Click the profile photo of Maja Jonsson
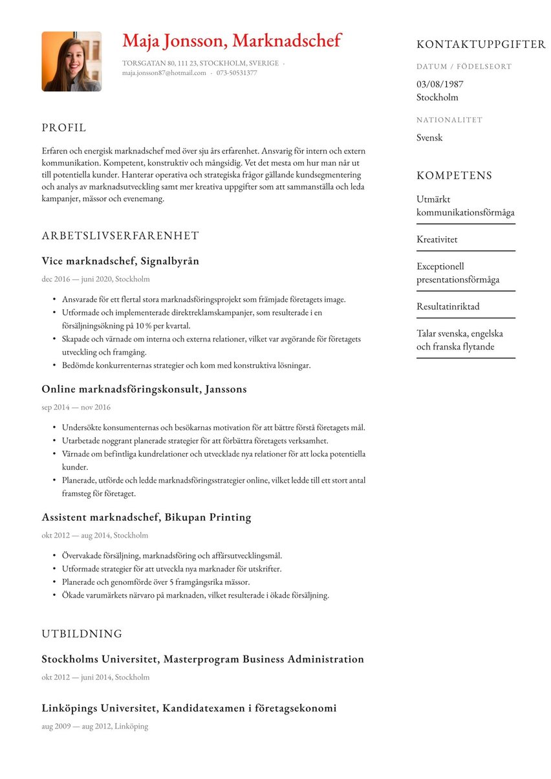[x=71, y=61]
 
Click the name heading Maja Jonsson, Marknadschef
[x=232, y=41]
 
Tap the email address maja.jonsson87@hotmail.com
[x=164, y=73]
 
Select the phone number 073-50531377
[x=236, y=73]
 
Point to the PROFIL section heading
[x=63, y=128]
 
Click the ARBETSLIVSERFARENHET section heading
[x=120, y=236]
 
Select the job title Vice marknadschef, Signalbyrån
[x=120, y=261]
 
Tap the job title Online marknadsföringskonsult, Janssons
[x=144, y=389]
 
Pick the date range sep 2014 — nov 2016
[x=76, y=408]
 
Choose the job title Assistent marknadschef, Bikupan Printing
[x=146, y=518]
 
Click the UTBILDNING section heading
[x=81, y=634]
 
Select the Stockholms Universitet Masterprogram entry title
[x=202, y=659]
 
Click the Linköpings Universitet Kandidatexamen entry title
[x=189, y=708]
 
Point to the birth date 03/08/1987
[x=440, y=84]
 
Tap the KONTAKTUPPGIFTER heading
[x=481, y=45]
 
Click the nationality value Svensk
[x=429, y=138]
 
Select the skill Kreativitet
[x=437, y=239]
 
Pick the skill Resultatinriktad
[x=448, y=307]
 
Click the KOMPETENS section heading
[x=454, y=176]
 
